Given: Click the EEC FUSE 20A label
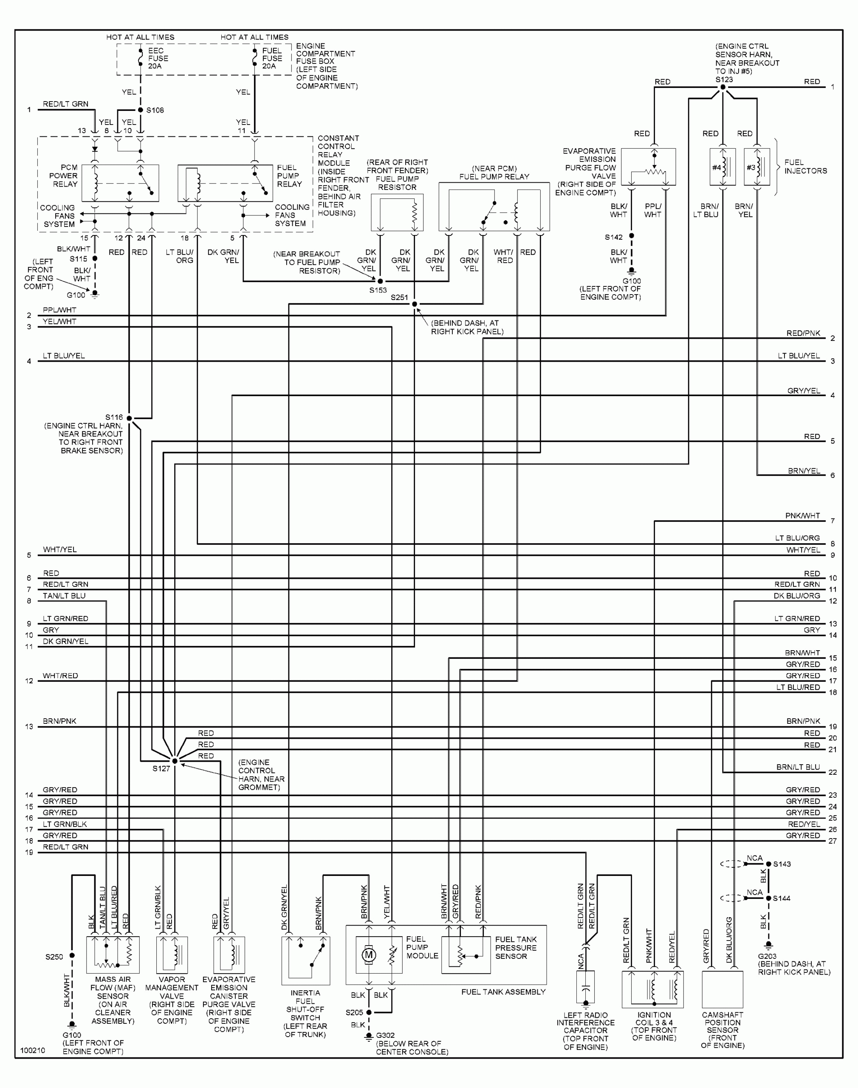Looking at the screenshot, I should click(x=158, y=58).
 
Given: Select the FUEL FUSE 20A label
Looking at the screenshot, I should click(x=272, y=58).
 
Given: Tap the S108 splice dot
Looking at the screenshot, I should click(x=141, y=110).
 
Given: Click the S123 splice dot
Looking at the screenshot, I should click(x=723, y=88).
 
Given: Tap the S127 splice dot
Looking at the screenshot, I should click(x=175, y=761).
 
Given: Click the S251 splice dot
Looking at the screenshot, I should click(x=415, y=304).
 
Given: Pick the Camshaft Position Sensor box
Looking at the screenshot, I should click(x=722, y=989).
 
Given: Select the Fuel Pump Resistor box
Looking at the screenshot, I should click(x=397, y=213).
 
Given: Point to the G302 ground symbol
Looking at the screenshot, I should click(x=369, y=1035).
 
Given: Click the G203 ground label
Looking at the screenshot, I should click(x=767, y=956).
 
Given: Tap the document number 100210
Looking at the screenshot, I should click(x=33, y=1050).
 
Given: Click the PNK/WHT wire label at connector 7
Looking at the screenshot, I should click(x=802, y=516).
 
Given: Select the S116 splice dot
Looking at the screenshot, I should click(x=129, y=418).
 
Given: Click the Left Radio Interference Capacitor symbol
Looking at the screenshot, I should click(x=585, y=988).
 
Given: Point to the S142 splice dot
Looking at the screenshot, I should click(x=632, y=236).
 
